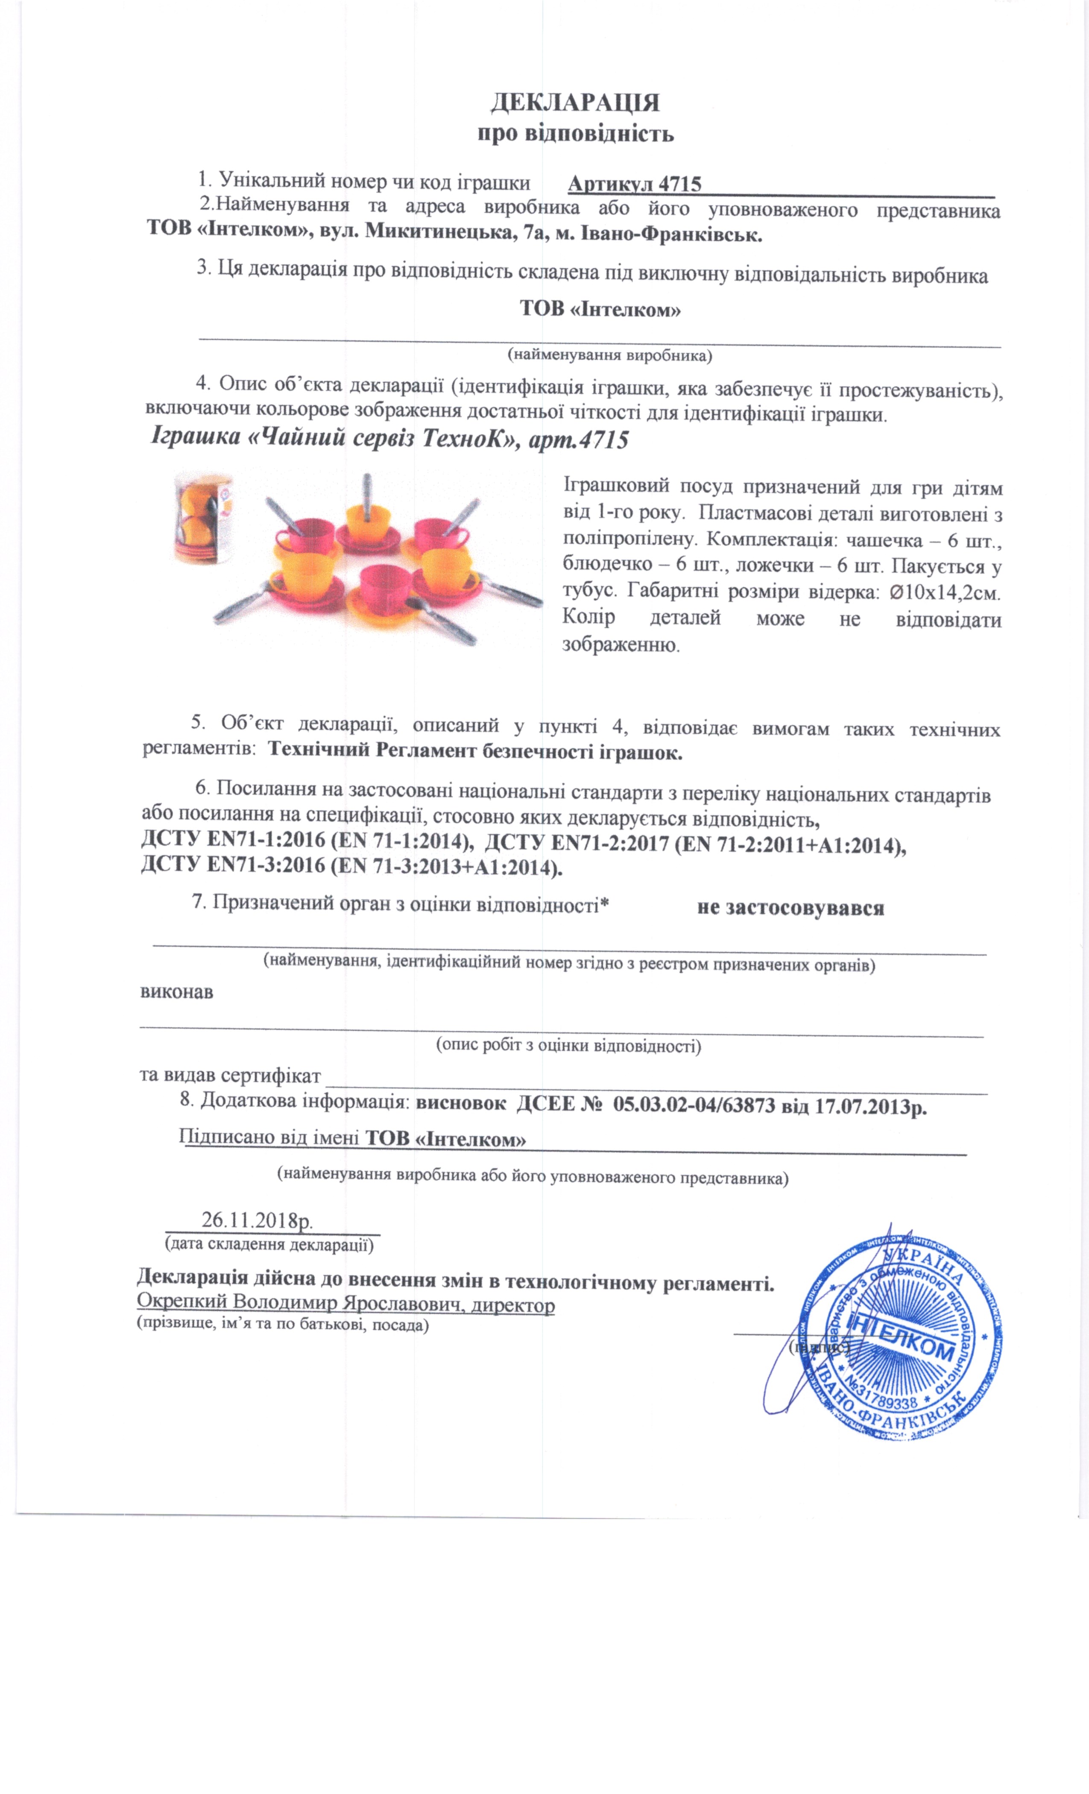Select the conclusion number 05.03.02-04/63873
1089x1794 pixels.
click(x=694, y=1106)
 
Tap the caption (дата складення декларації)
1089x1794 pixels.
click(x=270, y=1243)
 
